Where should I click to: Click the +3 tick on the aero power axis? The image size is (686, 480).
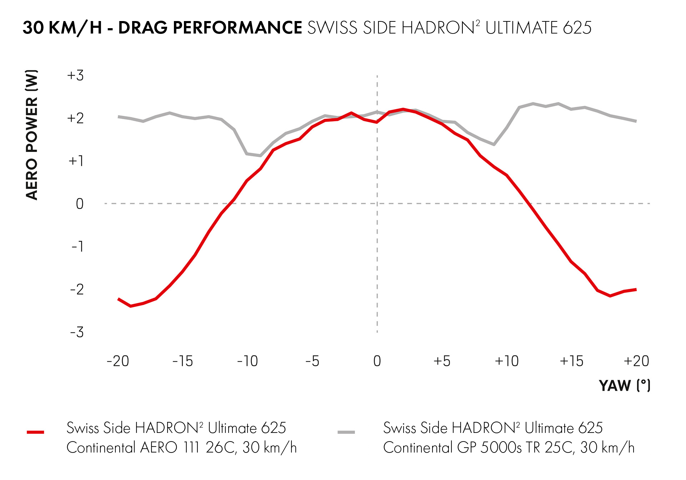[75, 76]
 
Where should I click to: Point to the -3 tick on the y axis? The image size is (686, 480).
[77, 332]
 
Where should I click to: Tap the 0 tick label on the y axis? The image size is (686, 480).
[80, 204]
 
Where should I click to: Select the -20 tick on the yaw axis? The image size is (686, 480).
[118, 361]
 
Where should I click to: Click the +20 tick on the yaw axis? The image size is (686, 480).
[636, 361]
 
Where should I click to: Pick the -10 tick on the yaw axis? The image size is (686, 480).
[247, 361]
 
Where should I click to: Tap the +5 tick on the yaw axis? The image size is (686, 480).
[442, 361]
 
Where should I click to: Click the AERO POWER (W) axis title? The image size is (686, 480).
[32, 135]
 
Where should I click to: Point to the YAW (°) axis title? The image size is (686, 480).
[625, 385]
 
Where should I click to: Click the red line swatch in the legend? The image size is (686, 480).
[35, 432]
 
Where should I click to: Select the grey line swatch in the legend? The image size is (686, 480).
[346, 432]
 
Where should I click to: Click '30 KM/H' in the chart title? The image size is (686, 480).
[62, 28]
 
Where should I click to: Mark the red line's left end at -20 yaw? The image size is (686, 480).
[119, 299]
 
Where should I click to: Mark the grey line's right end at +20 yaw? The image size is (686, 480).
[636, 121]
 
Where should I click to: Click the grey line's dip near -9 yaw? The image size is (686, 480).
[260, 155]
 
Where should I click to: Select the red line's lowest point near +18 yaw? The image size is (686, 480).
[610, 296]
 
